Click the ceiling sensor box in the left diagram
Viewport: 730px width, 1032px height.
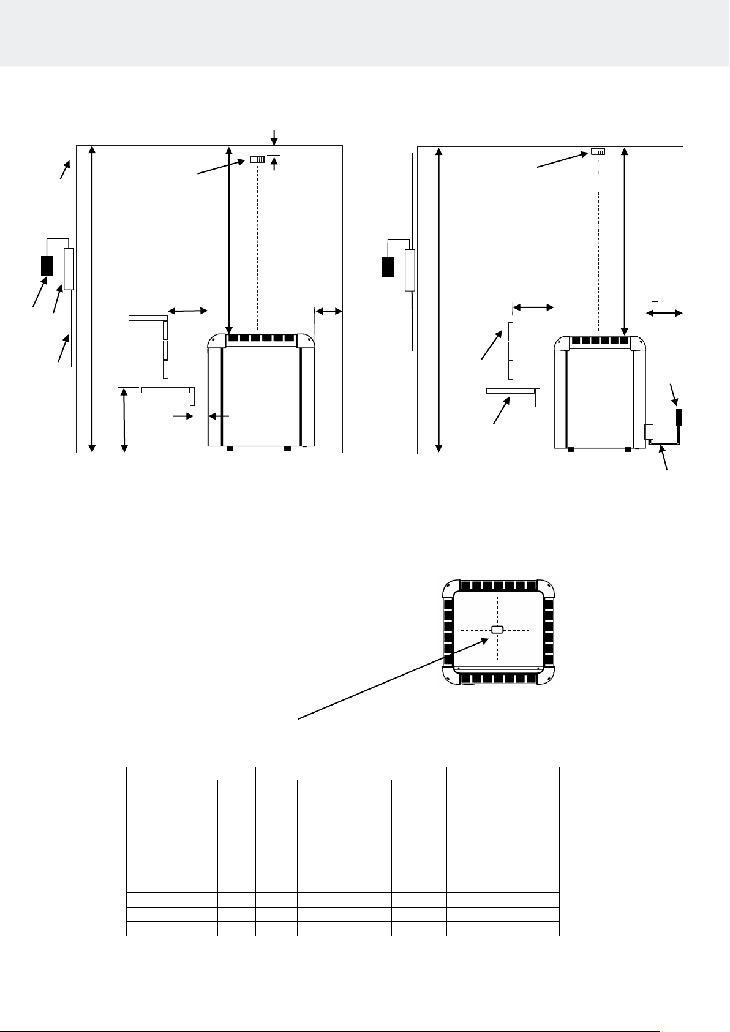click(257, 160)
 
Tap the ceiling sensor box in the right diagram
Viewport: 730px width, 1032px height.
click(598, 151)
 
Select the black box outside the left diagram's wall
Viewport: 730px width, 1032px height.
click(47, 265)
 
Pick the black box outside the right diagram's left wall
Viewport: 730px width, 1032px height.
click(388, 267)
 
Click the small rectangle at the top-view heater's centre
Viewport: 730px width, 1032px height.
click(497, 630)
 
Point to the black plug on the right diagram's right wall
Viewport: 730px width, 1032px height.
click(679, 417)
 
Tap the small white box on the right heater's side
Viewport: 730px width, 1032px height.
click(649, 433)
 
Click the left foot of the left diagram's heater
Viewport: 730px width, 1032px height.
click(230, 449)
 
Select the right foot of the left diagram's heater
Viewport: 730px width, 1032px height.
click(287, 449)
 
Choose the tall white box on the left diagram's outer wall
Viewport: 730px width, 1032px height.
click(69, 269)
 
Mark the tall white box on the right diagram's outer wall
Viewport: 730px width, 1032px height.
click(410, 270)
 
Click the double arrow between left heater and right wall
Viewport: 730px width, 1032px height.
click(329, 312)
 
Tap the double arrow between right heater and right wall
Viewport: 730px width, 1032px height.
click(664, 314)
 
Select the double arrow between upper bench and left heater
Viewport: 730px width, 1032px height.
click(187, 311)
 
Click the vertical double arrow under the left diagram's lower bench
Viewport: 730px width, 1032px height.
click(124, 420)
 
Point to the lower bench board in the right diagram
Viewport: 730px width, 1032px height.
click(510, 390)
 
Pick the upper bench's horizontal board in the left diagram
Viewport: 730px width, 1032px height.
click(148, 318)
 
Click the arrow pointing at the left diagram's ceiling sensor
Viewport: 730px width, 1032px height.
click(221, 168)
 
